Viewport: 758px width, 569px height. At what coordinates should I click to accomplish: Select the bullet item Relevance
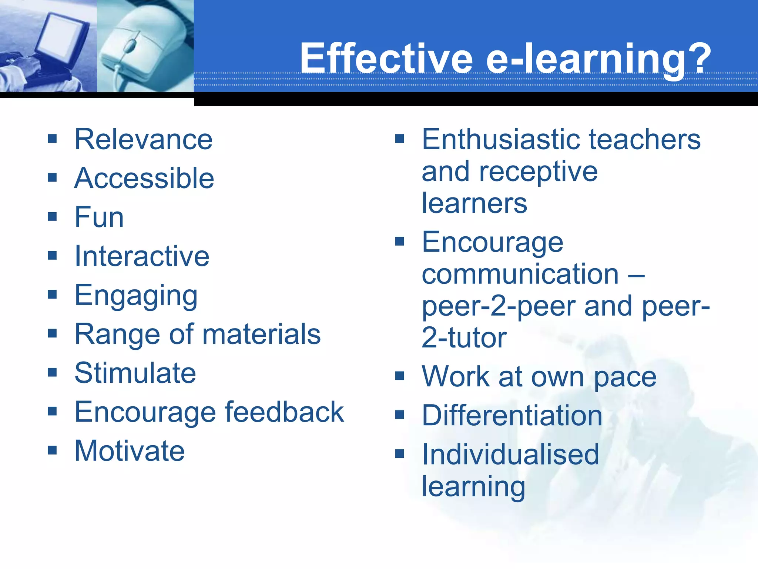coord(144,139)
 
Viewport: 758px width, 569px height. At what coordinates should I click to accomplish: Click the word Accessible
coord(144,178)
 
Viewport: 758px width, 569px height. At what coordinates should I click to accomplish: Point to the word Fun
coord(99,217)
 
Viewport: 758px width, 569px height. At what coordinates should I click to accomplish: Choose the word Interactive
coord(142,256)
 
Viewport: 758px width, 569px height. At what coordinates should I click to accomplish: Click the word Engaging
coord(136,296)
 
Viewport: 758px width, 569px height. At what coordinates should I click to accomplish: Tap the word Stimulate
coord(135,373)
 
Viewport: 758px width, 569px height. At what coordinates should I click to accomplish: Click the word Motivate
coord(130,451)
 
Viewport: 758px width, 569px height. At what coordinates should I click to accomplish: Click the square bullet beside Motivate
coord(52,450)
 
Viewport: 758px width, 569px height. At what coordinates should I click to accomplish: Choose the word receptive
coord(538,172)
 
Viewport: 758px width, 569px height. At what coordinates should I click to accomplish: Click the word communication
coord(520,274)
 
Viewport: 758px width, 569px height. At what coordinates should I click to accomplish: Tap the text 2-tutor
coord(464,338)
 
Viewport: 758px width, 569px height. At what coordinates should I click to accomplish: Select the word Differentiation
coord(512,416)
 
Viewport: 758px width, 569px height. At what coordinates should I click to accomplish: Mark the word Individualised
coord(510,455)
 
